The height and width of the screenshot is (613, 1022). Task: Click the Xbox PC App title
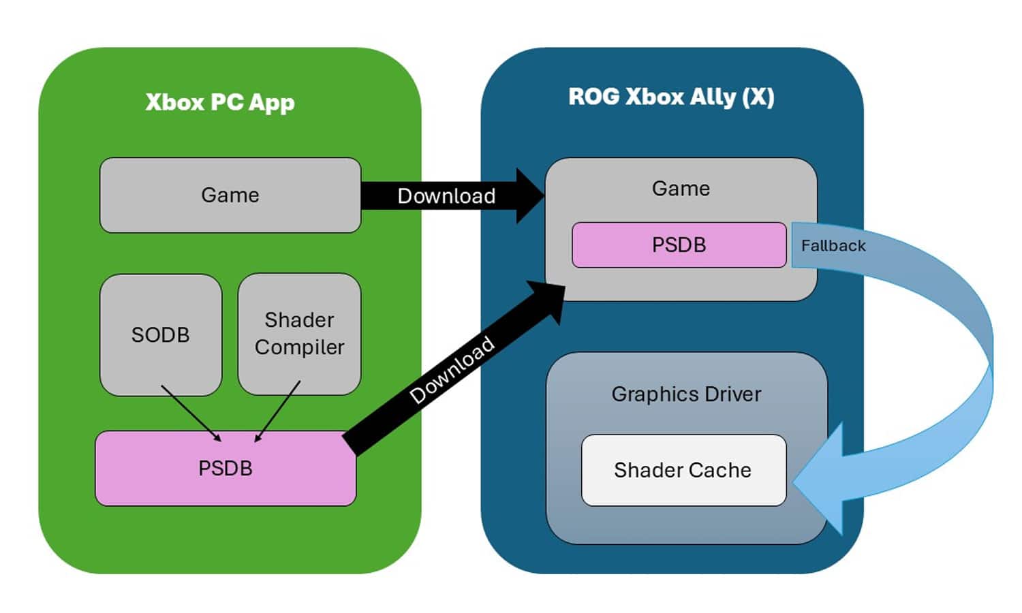[x=220, y=102]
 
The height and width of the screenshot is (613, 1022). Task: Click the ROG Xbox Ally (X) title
[x=671, y=97]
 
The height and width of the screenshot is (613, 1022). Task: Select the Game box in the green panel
[x=230, y=195]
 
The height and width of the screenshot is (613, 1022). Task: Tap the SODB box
[x=161, y=334]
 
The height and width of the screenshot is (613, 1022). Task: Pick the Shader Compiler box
[x=299, y=334]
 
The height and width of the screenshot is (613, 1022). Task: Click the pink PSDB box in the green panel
[x=226, y=469]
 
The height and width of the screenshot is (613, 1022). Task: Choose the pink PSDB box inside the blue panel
[x=679, y=245]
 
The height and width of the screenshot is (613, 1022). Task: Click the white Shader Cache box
[x=683, y=470]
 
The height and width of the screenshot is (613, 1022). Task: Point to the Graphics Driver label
[x=686, y=394]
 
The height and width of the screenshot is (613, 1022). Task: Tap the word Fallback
[x=833, y=246]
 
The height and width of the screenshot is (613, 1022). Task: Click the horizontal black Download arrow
[x=446, y=196]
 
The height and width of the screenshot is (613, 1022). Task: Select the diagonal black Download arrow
[x=453, y=368]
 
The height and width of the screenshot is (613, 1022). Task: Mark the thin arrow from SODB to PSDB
[x=190, y=413]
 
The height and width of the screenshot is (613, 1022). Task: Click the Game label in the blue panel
[x=681, y=189]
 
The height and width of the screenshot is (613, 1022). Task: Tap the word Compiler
[x=299, y=347]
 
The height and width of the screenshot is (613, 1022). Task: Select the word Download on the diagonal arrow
[x=452, y=369]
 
